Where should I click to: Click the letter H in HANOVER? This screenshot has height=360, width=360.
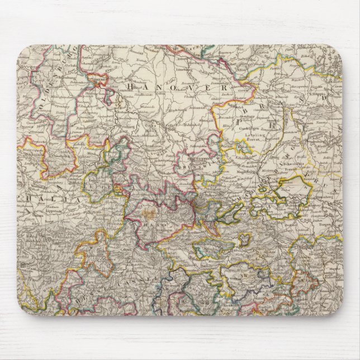pyautogui.click(x=130, y=87)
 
